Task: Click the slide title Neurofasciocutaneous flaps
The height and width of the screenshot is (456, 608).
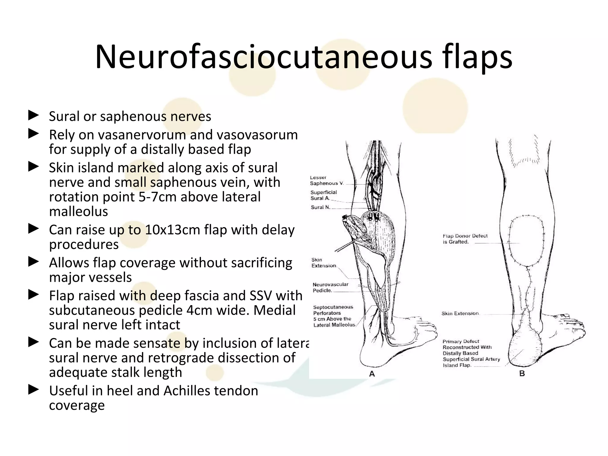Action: click(303, 57)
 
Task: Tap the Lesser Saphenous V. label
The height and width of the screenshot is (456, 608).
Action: click(326, 180)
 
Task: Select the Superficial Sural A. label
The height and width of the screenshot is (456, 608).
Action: click(324, 195)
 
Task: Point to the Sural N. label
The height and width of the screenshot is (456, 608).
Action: click(320, 207)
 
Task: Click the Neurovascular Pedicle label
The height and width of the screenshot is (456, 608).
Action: click(330, 287)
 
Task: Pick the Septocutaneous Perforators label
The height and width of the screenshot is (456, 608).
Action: click(334, 316)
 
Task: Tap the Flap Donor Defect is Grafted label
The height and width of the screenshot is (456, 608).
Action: click(465, 239)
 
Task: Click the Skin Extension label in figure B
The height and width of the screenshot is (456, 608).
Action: click(460, 313)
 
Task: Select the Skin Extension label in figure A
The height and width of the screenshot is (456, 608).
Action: click(323, 263)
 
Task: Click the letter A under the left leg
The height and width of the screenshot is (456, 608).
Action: click(372, 374)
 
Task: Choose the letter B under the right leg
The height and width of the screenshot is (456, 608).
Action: click(522, 373)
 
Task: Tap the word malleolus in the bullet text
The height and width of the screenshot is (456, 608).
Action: click(78, 212)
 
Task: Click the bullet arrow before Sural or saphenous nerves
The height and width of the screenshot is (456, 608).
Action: click(34, 115)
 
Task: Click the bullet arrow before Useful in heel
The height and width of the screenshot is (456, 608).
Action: click(34, 389)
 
